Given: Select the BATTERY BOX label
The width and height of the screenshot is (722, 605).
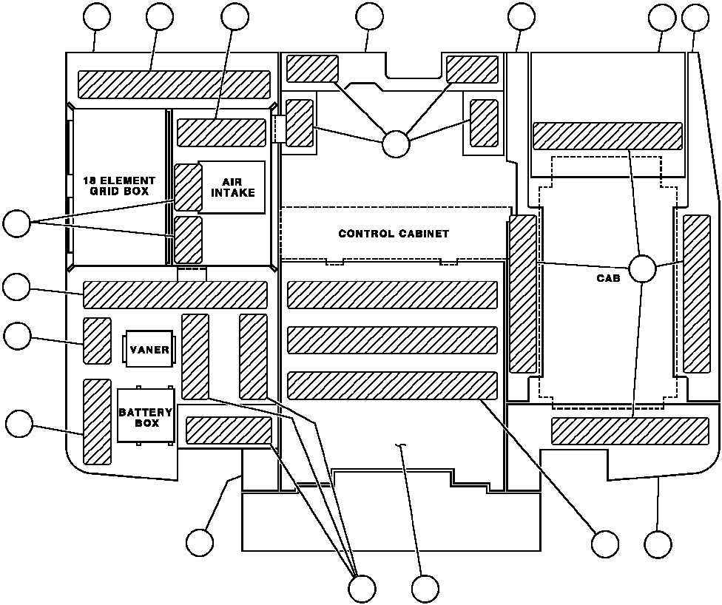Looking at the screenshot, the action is [146, 418].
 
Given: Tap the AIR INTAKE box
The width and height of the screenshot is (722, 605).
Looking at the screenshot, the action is [232, 187].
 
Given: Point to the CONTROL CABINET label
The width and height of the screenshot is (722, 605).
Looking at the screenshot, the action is [394, 234].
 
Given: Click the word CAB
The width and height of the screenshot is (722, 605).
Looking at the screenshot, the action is [608, 278].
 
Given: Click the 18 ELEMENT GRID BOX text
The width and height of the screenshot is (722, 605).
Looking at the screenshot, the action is [119, 186].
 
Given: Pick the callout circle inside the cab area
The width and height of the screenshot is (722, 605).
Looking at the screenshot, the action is [642, 269].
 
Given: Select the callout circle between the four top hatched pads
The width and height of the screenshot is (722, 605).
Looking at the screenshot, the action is [396, 143].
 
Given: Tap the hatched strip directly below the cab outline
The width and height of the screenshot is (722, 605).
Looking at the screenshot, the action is [630, 431].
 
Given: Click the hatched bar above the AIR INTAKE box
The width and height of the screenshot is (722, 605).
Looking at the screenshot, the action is [221, 132].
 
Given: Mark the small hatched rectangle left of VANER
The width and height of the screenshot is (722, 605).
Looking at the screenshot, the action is [97, 341].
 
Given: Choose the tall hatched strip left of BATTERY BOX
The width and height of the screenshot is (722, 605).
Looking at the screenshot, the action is [97, 422].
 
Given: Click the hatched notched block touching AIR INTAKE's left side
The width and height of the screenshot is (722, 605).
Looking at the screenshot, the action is [189, 187].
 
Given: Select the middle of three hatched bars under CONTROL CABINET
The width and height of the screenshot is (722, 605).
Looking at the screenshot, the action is [392, 339].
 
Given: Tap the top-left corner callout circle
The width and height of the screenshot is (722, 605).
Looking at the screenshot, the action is [97, 16].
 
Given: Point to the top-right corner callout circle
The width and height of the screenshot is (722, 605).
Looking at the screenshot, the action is [695, 18].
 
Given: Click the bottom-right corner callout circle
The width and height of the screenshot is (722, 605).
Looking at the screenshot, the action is [658, 544].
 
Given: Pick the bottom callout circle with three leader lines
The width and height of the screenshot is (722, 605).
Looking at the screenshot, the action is [362, 589].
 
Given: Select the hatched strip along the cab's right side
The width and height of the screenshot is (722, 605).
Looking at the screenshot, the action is [697, 294].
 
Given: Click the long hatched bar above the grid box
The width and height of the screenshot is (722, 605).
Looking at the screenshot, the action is [174, 84].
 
